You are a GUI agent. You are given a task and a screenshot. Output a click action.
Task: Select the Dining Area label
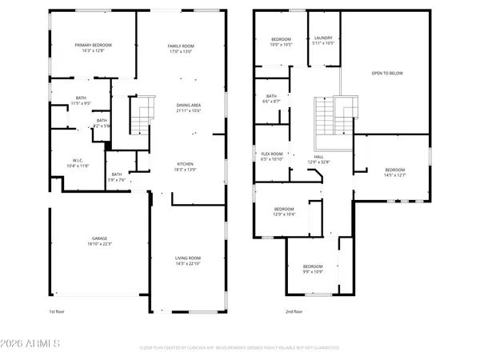189,107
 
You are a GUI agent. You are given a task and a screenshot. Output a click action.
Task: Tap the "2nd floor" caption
294,311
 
